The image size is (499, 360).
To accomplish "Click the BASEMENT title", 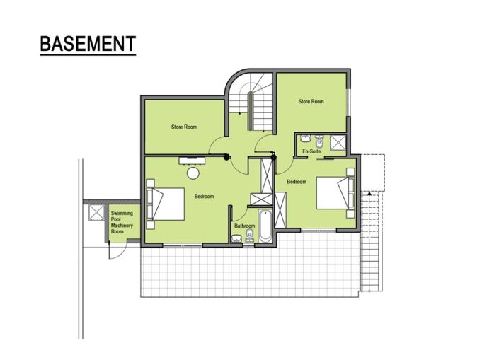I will coord(87,43).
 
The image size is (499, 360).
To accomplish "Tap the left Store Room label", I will coord(183,127).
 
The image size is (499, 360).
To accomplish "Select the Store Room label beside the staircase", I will coord(311,102).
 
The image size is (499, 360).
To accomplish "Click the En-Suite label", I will coord(310,152).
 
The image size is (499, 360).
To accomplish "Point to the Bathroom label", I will coord(244,226).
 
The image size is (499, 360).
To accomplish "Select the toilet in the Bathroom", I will coord(249,238).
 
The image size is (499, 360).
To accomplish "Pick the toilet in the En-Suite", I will coord(319,139).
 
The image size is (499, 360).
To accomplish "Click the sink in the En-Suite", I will coord(304,138).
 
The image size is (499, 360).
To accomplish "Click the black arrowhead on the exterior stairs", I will coord(368,192).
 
